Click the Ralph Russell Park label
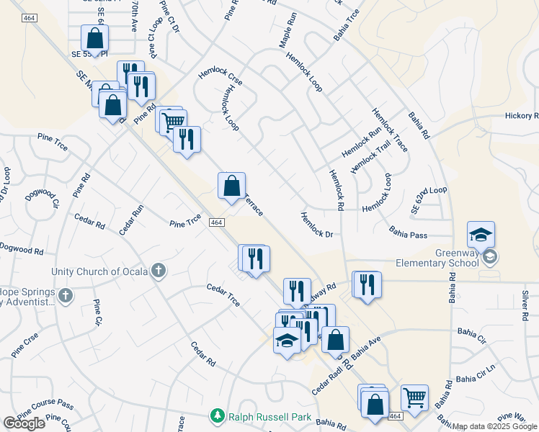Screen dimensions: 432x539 [268, 415]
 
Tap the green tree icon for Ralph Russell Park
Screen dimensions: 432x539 [216, 415]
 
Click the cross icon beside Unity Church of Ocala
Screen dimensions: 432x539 [159, 271]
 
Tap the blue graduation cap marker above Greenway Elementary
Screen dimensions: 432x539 [481, 235]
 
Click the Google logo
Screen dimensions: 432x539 [24, 423]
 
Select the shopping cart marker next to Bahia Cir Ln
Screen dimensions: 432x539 [414, 397]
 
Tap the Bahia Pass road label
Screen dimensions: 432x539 [409, 234]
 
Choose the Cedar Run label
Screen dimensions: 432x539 [132, 220]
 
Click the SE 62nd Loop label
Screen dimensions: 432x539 [429, 199]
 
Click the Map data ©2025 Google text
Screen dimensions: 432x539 [495, 426]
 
